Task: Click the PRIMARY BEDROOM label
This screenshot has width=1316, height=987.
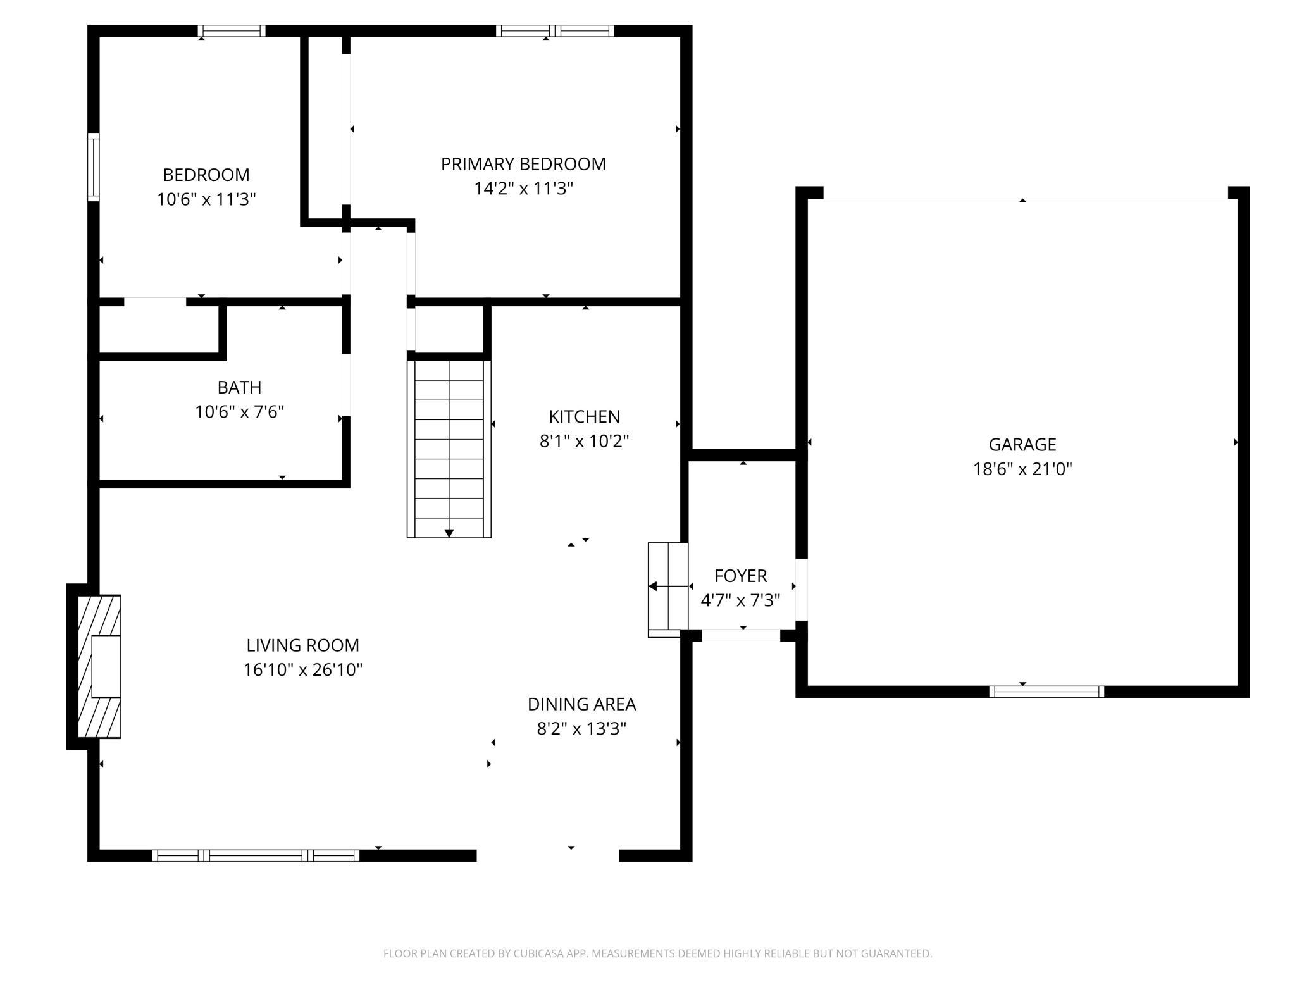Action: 523,164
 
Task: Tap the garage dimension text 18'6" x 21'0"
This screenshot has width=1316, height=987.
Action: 1022,469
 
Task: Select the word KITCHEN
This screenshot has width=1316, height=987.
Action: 584,416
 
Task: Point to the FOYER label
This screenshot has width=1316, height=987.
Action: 740,576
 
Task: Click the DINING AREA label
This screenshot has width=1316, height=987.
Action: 581,704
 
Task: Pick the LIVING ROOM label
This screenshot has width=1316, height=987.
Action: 302,645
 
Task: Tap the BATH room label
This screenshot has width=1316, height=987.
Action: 239,387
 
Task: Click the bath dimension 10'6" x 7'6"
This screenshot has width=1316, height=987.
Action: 239,412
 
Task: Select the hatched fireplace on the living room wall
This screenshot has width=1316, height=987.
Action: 99,666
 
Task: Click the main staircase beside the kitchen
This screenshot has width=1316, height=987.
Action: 449,449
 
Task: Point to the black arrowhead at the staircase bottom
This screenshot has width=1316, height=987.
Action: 449,533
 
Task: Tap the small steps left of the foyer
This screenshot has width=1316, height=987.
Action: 668,590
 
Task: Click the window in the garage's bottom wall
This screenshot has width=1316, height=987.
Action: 1046,692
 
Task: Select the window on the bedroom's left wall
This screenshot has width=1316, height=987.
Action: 94,167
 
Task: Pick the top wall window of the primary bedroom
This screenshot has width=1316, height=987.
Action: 555,30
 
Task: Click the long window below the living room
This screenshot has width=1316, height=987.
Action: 256,855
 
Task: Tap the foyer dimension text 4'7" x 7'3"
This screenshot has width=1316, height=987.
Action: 740,600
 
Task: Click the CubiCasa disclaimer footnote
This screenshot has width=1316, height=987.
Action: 658,953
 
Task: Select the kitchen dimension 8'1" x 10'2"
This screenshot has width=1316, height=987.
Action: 584,441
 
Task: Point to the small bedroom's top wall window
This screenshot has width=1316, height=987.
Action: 232,30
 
